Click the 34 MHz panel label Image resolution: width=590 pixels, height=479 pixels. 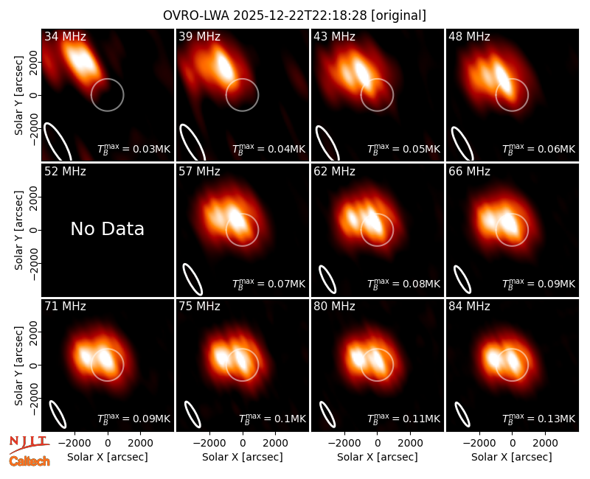coord(65,36)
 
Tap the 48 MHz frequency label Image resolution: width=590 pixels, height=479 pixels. coord(469,36)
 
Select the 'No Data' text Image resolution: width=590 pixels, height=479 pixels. coord(107,229)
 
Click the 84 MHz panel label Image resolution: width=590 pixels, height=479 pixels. coord(469,307)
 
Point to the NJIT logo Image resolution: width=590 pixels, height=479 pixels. coord(29,444)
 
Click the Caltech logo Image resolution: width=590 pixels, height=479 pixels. coord(29,461)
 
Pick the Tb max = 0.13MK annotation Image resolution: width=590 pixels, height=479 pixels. coord(539,419)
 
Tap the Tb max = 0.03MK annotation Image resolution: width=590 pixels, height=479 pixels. coord(134,149)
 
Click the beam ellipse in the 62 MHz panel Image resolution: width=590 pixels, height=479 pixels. coord(327,279)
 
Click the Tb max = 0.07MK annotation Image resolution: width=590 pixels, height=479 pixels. coord(268,284)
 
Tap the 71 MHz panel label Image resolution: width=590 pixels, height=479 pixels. coord(65,307)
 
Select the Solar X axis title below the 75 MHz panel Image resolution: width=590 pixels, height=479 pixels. coord(243,457)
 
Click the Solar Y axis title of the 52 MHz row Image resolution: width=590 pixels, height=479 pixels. coord(18,230)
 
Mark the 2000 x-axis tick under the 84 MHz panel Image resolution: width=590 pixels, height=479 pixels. coord(545,444)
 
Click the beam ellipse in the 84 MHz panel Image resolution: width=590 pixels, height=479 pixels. coord(462,415)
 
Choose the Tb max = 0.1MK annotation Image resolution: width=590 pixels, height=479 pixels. coord(272,419)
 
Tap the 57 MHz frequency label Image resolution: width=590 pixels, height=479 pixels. coord(199,172)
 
